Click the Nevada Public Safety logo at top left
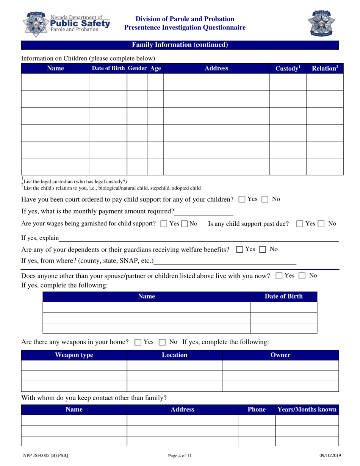[x=67, y=23]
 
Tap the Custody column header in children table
[x=288, y=69]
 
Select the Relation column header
[x=324, y=69]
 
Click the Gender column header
[x=137, y=69]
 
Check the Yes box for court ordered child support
[x=242, y=199]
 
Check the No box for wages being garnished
[x=184, y=224]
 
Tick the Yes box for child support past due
[x=300, y=224]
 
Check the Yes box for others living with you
[x=279, y=276]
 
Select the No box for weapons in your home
[x=163, y=342]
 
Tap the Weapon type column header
[x=74, y=355]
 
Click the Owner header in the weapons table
[x=280, y=355]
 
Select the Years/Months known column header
[x=307, y=410]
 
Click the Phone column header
[x=257, y=410]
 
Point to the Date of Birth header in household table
[x=284, y=297]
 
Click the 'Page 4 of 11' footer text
[x=180, y=456]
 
